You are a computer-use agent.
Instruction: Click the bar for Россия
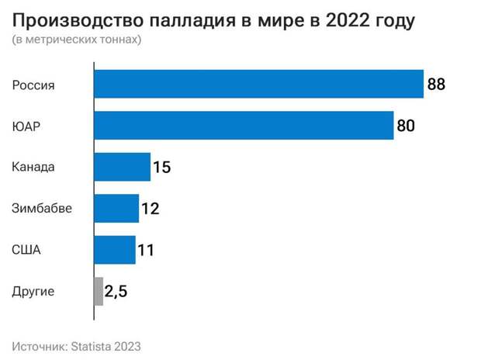tap(258, 84)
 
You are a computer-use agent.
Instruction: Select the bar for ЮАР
tap(244, 126)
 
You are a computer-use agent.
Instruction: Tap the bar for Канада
tap(122, 167)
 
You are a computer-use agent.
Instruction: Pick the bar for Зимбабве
tap(116, 208)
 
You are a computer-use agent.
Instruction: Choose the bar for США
tap(115, 250)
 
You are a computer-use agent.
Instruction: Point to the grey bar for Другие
tap(99, 292)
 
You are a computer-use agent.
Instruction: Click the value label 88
tap(436, 84)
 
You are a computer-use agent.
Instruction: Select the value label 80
tap(406, 126)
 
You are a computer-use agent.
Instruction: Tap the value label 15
tap(161, 167)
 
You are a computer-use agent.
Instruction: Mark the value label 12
tap(151, 208)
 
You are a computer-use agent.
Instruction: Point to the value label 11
tap(146, 250)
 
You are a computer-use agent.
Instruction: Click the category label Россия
tap(33, 84)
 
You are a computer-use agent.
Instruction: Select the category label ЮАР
tap(26, 126)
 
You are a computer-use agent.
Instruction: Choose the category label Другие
tap(33, 292)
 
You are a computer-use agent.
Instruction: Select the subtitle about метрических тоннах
tap(77, 40)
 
